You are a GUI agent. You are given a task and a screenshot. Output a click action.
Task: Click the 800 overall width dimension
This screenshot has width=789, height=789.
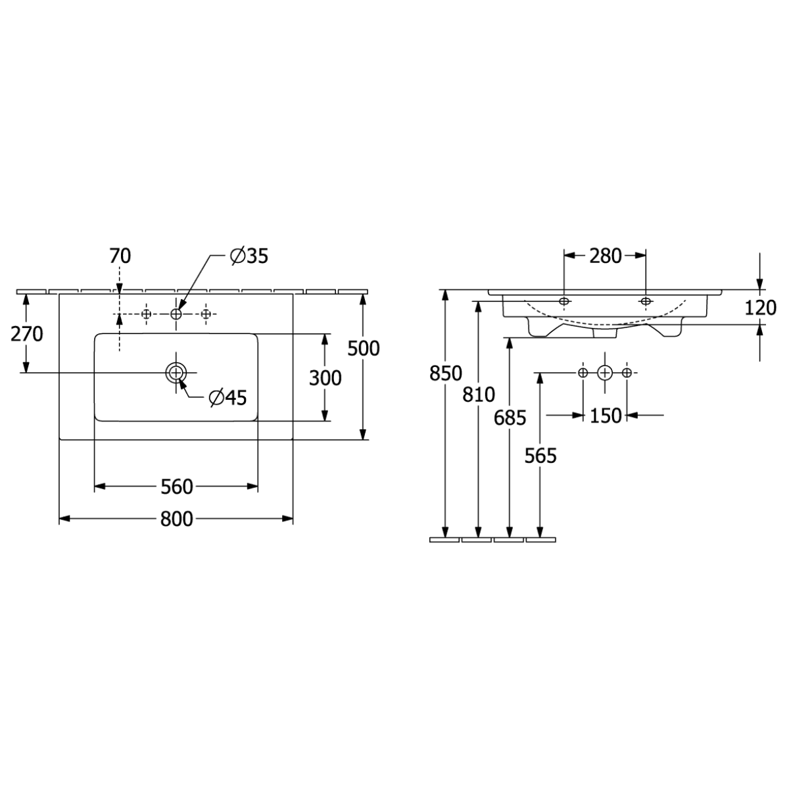click(x=176, y=519)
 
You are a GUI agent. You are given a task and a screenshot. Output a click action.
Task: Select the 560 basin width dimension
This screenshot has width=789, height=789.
click(x=176, y=487)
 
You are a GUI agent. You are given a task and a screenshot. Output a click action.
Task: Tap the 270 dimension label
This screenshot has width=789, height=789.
click(x=26, y=335)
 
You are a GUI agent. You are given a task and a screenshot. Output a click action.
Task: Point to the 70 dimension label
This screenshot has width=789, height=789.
click(x=120, y=256)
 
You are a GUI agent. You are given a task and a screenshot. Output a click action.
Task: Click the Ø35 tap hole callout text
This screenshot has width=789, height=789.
click(x=249, y=256)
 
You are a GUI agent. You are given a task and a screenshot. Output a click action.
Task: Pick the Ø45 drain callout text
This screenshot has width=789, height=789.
click(x=227, y=398)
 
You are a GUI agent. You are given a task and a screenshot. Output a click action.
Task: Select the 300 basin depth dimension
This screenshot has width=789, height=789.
click(x=325, y=378)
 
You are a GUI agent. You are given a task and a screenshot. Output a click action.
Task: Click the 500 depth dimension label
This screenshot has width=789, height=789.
click(x=364, y=348)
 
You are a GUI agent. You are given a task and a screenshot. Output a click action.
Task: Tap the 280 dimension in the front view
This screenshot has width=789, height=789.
click(x=605, y=256)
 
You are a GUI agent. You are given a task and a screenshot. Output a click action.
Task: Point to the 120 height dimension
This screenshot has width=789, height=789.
click(x=760, y=308)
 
